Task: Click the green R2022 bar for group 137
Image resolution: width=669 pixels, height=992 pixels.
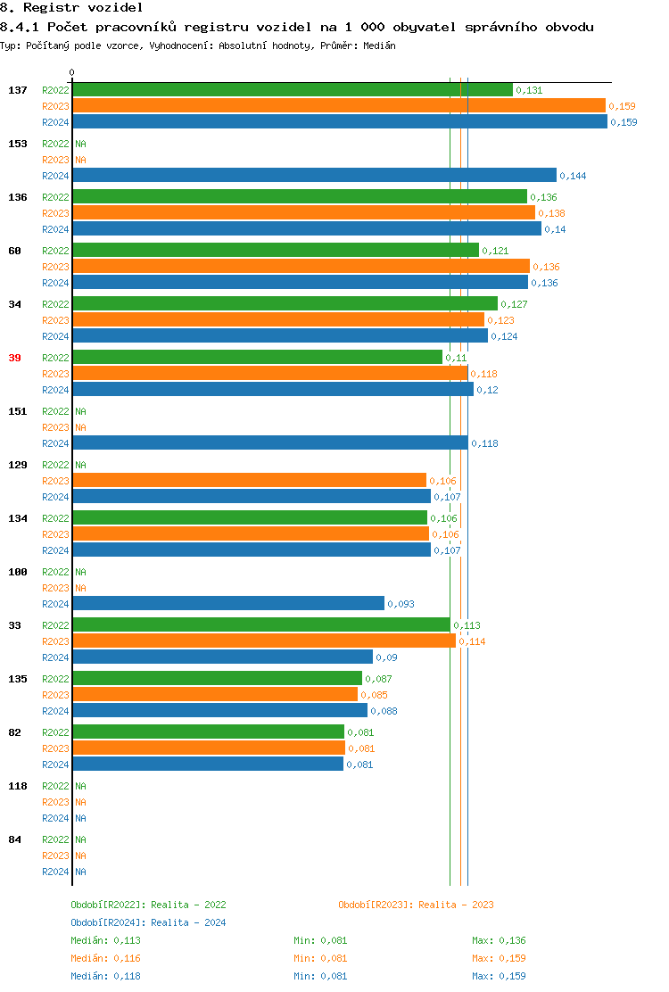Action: click(x=293, y=90)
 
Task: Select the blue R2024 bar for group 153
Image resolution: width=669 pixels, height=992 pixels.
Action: click(x=314, y=176)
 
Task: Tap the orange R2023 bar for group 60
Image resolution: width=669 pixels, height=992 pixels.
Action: click(x=301, y=267)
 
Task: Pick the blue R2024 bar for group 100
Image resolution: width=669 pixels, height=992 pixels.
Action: click(x=228, y=604)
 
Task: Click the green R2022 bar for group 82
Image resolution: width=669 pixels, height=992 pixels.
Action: click(x=208, y=732)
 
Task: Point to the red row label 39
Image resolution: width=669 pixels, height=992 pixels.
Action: click(x=14, y=358)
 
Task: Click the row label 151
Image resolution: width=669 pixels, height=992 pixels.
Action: click(x=18, y=411)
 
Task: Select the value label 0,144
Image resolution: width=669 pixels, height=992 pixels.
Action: click(x=573, y=176)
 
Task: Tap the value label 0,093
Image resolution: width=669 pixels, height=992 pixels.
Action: click(x=401, y=604)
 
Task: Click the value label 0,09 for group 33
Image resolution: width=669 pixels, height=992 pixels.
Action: click(x=386, y=657)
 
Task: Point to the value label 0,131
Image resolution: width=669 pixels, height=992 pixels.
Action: click(x=529, y=90)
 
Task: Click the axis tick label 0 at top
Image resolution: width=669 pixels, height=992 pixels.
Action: click(x=72, y=72)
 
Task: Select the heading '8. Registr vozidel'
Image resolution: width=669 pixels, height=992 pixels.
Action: click(x=71, y=7)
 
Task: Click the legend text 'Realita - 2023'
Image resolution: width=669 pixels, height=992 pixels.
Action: click(x=456, y=905)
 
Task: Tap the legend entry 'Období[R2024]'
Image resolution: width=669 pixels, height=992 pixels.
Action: click(x=109, y=922)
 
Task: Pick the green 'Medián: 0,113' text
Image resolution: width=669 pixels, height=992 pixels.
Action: click(x=106, y=940)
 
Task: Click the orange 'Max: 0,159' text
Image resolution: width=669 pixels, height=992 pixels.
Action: click(x=499, y=958)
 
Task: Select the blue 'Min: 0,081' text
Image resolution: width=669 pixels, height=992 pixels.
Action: click(x=320, y=976)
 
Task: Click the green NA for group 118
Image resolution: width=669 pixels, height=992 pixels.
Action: click(x=80, y=786)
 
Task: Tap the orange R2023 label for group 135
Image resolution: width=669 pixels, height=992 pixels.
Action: click(x=55, y=695)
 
